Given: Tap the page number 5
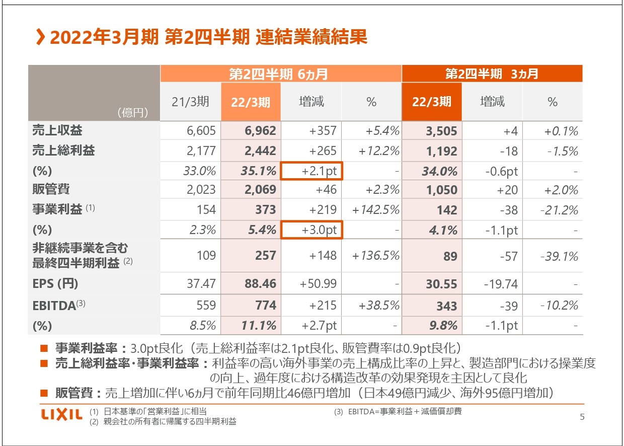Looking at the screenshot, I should pos(582,416).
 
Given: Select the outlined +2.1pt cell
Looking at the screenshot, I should pos(311,171).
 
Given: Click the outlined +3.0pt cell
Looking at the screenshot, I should pos(311,230).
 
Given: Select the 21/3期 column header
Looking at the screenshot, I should pos(190,102).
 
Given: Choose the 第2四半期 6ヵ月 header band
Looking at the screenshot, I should pos(280,74).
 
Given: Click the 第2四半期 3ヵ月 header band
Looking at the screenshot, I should pos(492,74).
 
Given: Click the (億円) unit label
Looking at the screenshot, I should pos(132,113).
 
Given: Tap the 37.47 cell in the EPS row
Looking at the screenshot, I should pos(201,284).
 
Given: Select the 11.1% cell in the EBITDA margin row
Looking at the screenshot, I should pos(259,326).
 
